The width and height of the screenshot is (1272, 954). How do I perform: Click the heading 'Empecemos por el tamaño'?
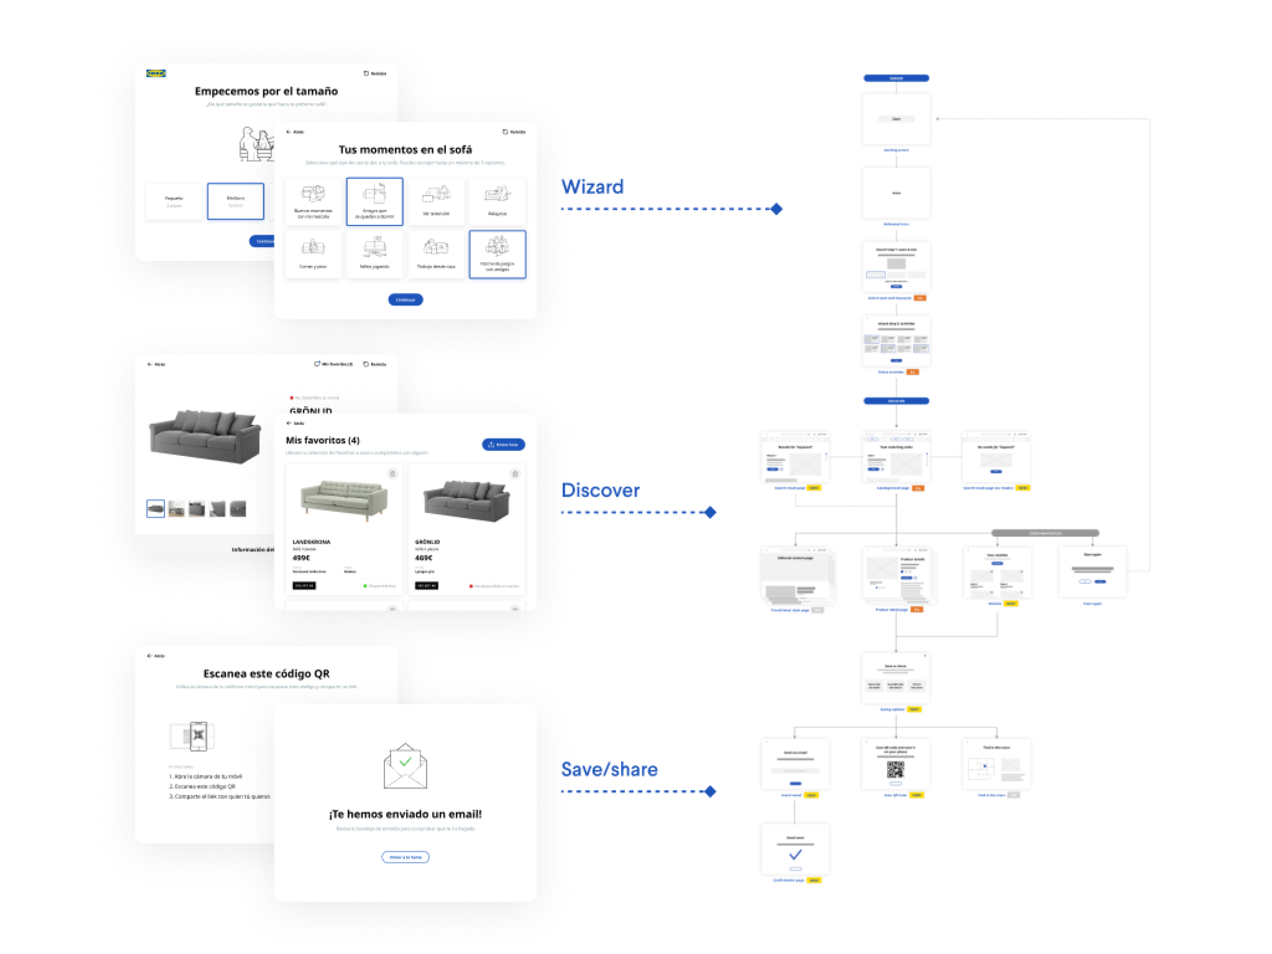(265, 91)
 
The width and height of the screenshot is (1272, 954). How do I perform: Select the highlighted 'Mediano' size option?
(235, 201)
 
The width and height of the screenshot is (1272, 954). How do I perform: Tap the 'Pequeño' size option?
(174, 201)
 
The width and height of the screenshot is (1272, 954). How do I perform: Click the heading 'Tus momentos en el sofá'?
(405, 149)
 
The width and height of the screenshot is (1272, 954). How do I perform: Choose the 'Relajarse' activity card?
(497, 201)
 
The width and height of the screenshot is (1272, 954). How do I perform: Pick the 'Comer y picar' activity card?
(313, 254)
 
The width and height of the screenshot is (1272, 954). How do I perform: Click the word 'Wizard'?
(592, 187)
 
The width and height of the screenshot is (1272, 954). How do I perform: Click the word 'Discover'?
(600, 490)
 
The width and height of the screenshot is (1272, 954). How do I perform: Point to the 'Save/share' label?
(609, 769)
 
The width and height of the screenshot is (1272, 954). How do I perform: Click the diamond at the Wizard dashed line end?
(776, 208)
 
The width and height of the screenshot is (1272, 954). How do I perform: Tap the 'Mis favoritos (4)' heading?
(322, 440)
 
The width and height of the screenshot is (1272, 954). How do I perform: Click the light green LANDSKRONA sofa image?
(343, 499)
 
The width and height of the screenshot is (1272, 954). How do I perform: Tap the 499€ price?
(301, 557)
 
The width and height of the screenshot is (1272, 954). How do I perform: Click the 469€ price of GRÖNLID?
(423, 557)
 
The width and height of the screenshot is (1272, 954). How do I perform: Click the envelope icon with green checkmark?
(405, 766)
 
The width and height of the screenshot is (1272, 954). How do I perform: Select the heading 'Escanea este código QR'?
(265, 673)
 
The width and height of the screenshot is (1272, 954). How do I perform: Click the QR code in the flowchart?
(895, 769)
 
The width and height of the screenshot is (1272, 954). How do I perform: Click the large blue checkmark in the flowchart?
(795, 854)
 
